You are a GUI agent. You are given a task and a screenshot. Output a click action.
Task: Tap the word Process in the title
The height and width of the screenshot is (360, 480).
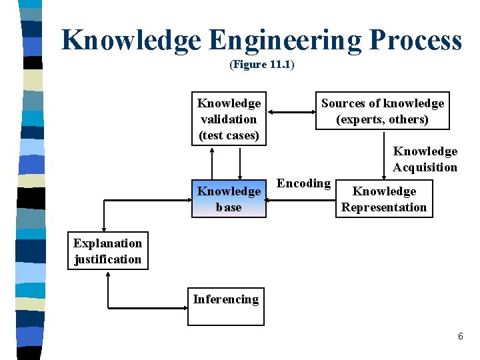(414, 40)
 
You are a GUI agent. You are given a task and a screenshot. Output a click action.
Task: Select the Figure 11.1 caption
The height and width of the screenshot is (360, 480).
(261, 65)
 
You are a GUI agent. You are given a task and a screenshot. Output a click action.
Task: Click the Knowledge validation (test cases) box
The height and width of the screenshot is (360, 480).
(229, 119)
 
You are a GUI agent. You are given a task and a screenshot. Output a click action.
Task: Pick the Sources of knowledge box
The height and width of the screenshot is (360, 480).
(382, 111)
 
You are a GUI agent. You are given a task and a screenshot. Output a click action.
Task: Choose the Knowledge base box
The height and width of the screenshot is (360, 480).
(229, 199)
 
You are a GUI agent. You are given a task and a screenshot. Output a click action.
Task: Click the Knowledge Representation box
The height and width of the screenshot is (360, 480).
(383, 199)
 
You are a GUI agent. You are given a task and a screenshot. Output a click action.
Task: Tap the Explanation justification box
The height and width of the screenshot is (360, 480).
(107, 251)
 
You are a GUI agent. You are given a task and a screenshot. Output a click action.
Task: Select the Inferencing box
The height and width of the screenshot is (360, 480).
(225, 306)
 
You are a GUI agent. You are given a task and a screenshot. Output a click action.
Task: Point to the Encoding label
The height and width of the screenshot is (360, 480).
(303, 183)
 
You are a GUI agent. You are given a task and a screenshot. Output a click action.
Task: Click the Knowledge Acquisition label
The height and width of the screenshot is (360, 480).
(425, 159)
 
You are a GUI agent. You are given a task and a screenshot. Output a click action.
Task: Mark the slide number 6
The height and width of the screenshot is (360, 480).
(460, 337)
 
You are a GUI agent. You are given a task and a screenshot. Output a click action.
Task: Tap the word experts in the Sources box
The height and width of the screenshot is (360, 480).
(359, 119)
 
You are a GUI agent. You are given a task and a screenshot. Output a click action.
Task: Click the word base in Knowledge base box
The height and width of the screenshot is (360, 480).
(229, 207)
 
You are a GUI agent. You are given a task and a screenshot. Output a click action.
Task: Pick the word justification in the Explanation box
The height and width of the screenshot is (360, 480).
(108, 259)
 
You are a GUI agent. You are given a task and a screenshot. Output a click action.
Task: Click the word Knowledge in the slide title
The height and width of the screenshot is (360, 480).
(131, 40)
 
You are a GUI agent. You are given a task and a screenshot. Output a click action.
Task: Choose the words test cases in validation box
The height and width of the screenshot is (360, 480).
(228, 135)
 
